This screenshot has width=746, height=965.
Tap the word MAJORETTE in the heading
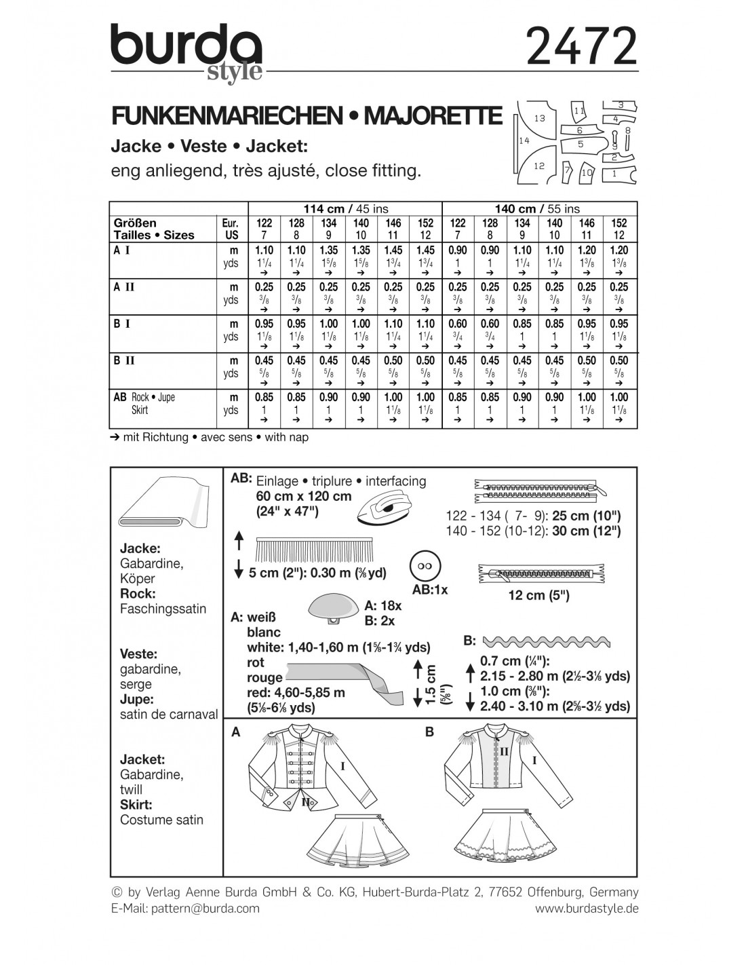click(433, 117)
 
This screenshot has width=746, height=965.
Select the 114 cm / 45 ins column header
click(345, 208)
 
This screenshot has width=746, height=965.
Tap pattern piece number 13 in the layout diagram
click(539, 118)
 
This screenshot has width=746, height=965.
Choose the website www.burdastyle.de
click(587, 908)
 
